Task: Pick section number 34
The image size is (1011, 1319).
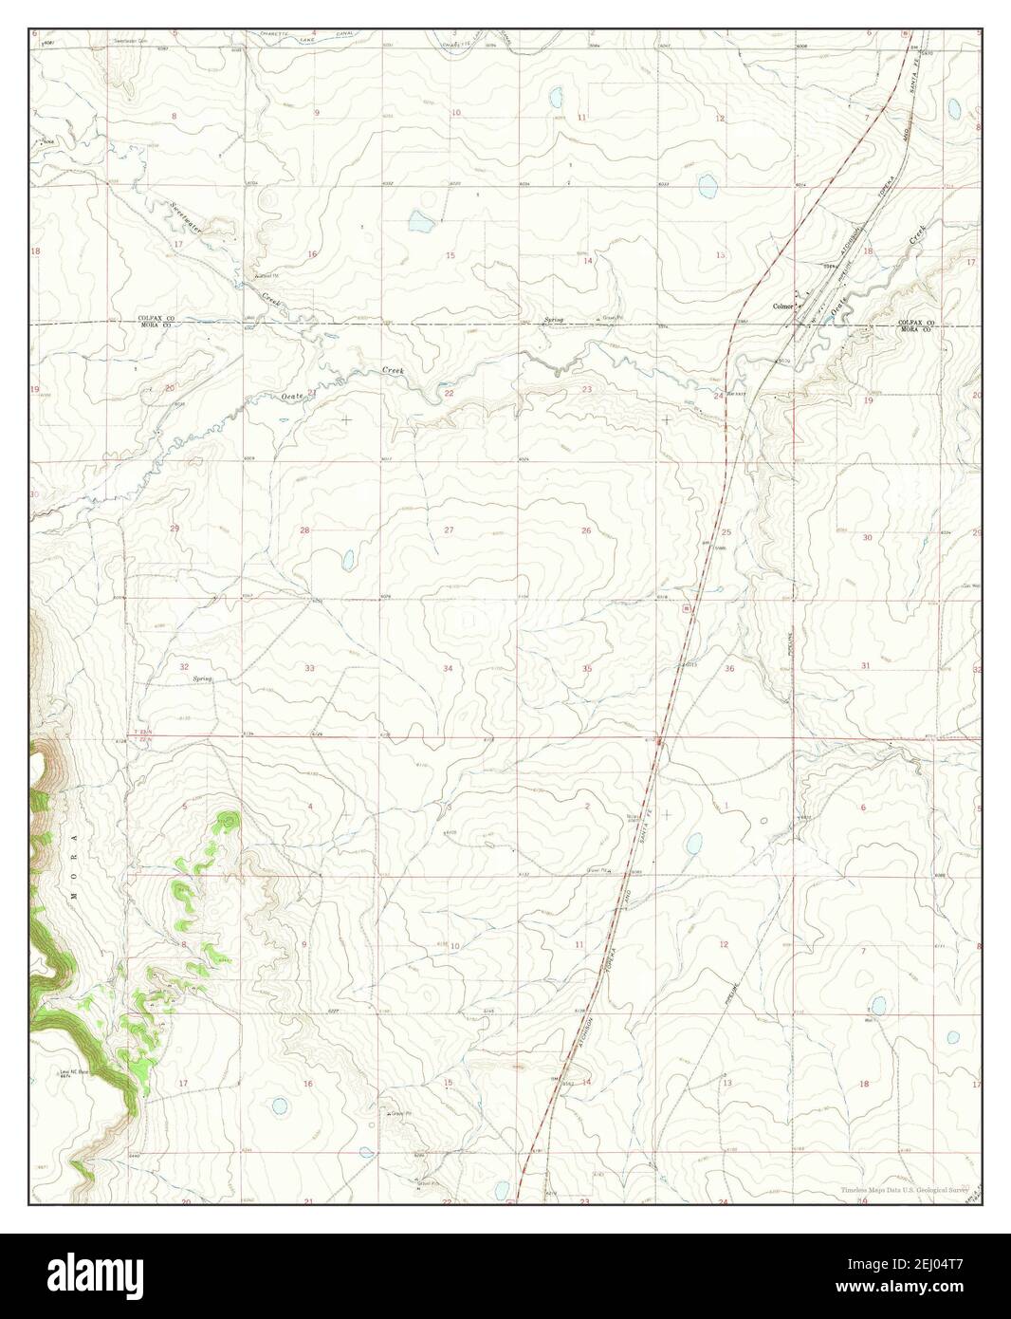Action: click(x=448, y=669)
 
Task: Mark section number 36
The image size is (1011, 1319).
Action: click(x=729, y=669)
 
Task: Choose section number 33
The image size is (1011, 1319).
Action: click(x=309, y=669)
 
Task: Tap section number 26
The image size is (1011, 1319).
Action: click(x=586, y=530)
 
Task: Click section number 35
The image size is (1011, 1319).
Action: click(x=587, y=669)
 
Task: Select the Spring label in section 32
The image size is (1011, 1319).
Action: click(x=202, y=679)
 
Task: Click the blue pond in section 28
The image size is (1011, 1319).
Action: click(x=347, y=559)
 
